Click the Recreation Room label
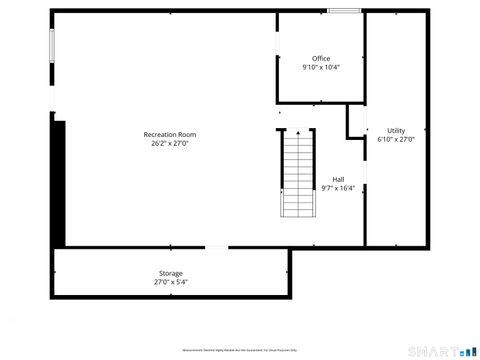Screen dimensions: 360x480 (169, 134)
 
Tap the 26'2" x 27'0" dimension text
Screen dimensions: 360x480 (169, 143)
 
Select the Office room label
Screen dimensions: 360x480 (321, 58)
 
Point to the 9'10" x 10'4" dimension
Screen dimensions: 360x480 (321, 67)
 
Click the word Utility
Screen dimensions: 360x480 (396, 131)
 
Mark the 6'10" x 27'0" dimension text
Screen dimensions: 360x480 (396, 140)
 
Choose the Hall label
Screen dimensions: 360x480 (338, 179)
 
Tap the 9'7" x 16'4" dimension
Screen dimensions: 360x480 (338, 188)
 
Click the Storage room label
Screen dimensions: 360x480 (170, 273)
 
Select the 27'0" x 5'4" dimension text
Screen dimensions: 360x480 (170, 282)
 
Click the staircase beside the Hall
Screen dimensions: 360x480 (297, 175)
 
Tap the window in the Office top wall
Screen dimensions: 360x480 (344, 11)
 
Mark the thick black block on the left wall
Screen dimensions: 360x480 (58, 180)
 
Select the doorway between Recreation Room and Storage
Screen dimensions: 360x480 (216, 247)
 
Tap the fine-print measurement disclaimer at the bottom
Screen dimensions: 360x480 (240, 351)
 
